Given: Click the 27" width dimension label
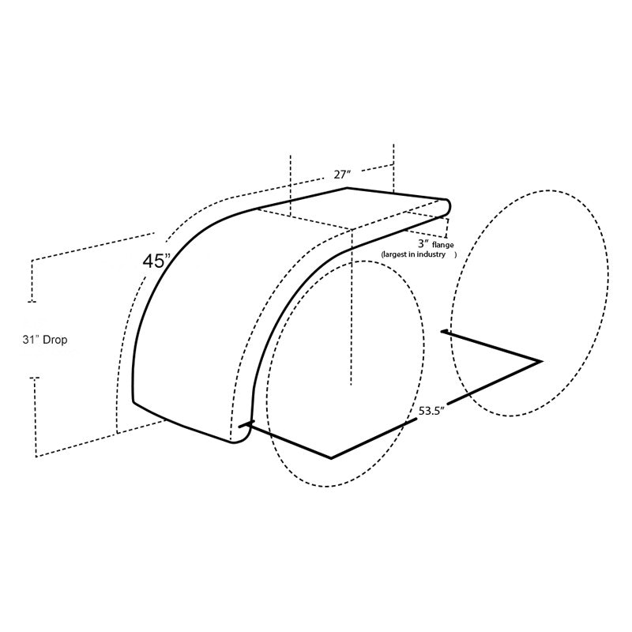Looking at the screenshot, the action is [343, 175].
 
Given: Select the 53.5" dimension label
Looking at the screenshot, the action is [431, 411].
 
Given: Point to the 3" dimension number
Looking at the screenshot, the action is [423, 243].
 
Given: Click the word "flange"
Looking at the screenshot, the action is [442, 245].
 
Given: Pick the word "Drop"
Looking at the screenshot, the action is [55, 340].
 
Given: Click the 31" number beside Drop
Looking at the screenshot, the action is [31, 340].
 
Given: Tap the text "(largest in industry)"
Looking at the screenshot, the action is [419, 254].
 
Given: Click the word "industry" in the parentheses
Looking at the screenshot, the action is [431, 254].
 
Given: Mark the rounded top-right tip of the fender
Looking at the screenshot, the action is [448, 207].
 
